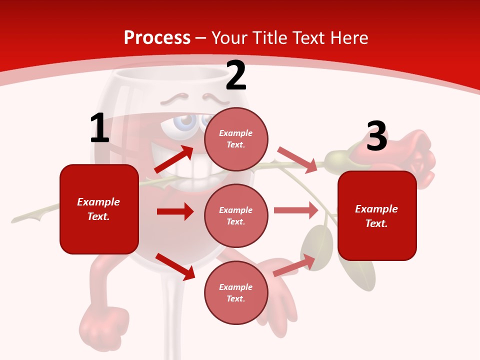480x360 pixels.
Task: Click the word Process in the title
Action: pyautogui.click(x=157, y=37)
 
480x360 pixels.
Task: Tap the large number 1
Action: pyautogui.click(x=99, y=128)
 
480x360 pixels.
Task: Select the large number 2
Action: pyautogui.click(x=236, y=76)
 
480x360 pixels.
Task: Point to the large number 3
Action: pyautogui.click(x=376, y=136)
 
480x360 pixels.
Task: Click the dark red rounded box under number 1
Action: pyautogui.click(x=99, y=209)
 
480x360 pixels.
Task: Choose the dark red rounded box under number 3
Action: pyautogui.click(x=377, y=215)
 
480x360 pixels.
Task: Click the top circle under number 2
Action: pyautogui.click(x=236, y=138)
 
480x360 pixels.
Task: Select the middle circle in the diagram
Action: pyautogui.click(x=236, y=215)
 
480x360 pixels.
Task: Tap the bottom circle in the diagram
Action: pyautogui.click(x=236, y=292)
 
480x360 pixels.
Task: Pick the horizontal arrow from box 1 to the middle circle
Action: pyautogui.click(x=175, y=211)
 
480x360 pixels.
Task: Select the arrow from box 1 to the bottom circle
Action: pyautogui.click(x=175, y=266)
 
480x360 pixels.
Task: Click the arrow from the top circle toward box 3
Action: pyautogui.click(x=297, y=159)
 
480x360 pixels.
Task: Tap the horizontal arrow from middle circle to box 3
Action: pyautogui.click(x=296, y=210)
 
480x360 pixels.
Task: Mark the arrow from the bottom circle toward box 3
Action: pyautogui.click(x=294, y=265)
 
